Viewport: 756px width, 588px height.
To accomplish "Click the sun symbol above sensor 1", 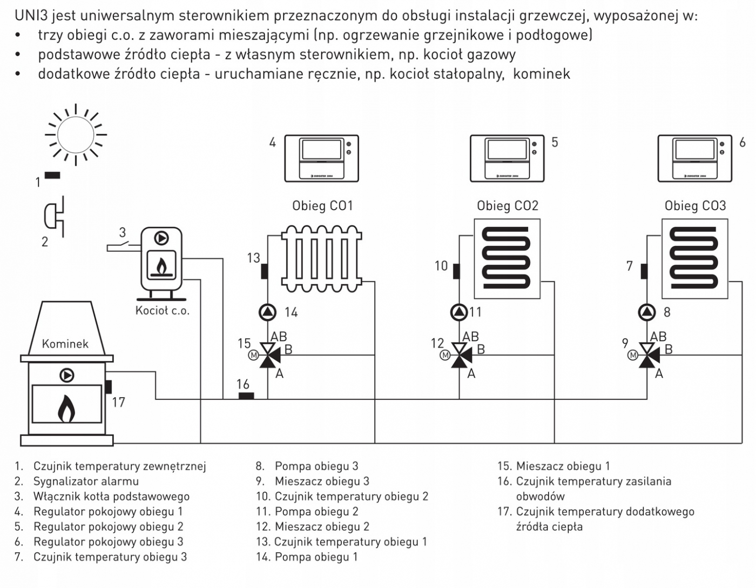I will [x=76, y=135].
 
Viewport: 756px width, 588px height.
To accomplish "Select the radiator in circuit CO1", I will [x=321, y=258].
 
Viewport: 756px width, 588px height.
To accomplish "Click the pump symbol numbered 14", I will [x=268, y=312].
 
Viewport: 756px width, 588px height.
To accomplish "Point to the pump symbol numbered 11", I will [x=459, y=312].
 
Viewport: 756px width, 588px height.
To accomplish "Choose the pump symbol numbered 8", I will [x=647, y=312].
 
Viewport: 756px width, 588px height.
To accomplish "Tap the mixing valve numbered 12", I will [x=460, y=355].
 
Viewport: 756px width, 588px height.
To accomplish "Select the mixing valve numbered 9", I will [x=647, y=355].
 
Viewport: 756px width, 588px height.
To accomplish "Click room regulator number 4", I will [x=322, y=158].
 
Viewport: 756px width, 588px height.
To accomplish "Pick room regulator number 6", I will [x=695, y=158].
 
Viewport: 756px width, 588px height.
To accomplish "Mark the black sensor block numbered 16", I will [x=246, y=396].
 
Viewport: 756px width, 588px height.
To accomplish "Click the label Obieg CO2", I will [x=507, y=206].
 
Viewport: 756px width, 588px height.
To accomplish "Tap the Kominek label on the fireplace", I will [x=65, y=344].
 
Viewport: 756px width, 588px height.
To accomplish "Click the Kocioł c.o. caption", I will [x=162, y=311].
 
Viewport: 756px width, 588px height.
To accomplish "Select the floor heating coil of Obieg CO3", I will [x=694, y=258].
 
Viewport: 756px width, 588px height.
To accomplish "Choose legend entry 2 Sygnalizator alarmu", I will [x=85, y=482].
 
